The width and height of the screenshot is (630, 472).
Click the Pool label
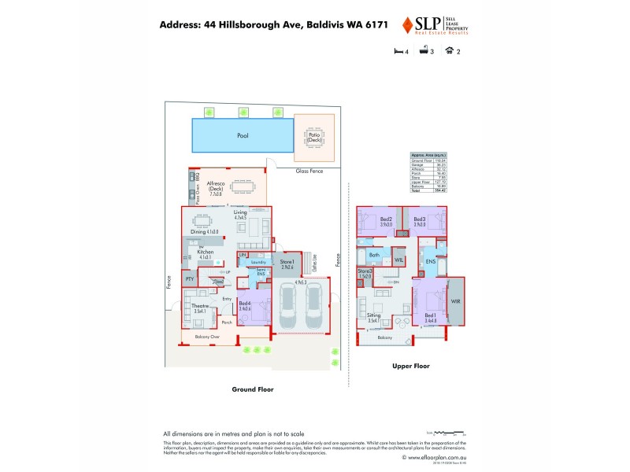tap(243, 135)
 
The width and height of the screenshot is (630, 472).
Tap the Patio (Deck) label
tap(313, 136)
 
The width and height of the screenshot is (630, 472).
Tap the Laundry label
tap(258, 262)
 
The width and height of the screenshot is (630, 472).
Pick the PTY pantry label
tap(189, 279)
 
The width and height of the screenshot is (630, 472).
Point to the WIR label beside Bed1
tap(455, 301)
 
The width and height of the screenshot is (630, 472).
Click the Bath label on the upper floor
tap(375, 255)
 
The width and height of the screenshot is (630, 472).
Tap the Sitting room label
tap(373, 316)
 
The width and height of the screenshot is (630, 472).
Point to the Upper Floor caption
tap(410, 366)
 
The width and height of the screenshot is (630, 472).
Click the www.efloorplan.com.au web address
tap(432, 456)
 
